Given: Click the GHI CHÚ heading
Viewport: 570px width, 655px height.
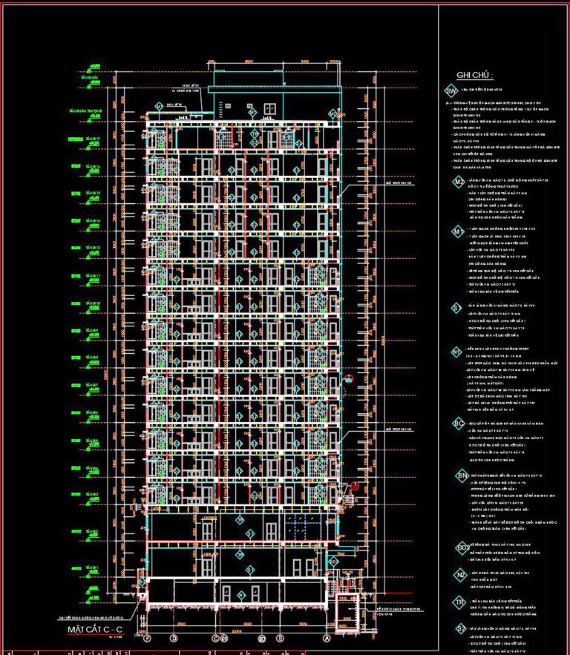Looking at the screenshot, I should [x=475, y=75].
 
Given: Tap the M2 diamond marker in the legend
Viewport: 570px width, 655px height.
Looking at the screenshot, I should [x=459, y=182].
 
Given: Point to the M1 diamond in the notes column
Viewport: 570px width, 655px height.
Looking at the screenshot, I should [x=459, y=232].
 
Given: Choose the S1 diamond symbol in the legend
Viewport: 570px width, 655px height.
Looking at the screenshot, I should [x=458, y=306].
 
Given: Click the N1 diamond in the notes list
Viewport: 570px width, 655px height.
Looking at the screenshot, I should [x=458, y=352].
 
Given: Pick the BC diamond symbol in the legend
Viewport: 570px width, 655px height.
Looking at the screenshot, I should [x=459, y=424].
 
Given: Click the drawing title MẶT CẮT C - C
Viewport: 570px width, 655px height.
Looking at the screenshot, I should [x=94, y=629].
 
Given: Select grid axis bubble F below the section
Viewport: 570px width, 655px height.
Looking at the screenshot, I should [x=148, y=638].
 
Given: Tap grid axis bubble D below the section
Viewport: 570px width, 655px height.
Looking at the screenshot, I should [x=174, y=638].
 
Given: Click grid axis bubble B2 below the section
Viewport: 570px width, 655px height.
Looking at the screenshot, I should [x=261, y=638].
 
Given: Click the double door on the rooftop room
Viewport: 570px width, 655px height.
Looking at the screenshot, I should [x=269, y=111].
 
